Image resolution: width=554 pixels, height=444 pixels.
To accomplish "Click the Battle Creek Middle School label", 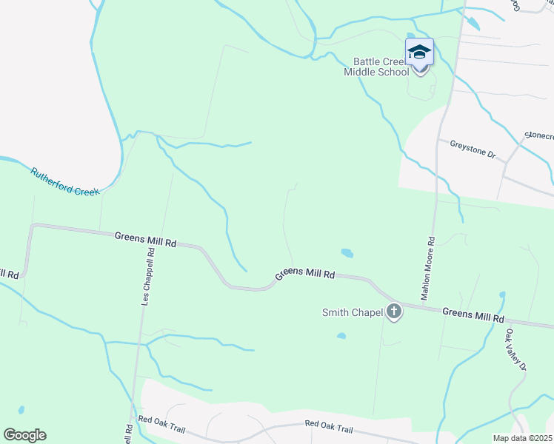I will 376,67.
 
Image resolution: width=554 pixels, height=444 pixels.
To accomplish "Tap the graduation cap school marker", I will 419,54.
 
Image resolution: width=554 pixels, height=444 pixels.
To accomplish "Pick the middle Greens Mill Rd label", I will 305,273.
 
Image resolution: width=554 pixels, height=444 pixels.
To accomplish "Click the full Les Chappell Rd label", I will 150,278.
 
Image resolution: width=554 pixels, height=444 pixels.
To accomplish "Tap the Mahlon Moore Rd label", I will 427,268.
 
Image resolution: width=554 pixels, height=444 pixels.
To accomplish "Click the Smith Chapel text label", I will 352,312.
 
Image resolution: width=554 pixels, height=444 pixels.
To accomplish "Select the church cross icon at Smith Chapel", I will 393,312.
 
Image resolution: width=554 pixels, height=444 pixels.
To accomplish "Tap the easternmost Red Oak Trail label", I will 329,428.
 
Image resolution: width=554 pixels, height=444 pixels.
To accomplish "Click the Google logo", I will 24,434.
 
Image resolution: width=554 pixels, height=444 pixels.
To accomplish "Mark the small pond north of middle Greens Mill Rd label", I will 346,253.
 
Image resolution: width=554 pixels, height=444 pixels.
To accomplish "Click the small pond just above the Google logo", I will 21,409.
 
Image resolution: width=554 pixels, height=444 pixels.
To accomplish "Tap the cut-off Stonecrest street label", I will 539,135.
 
